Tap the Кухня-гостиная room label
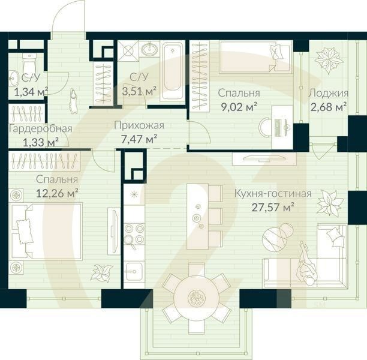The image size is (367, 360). pyautogui.click(x=272, y=193)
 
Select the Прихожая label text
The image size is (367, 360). pyautogui.click(x=139, y=125)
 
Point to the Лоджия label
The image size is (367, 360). pyautogui.click(x=328, y=93)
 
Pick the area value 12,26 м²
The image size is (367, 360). pyautogui.click(x=58, y=193)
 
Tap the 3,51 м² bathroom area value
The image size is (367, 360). pyautogui.click(x=139, y=91)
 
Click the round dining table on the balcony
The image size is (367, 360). pyautogui.click(x=195, y=296)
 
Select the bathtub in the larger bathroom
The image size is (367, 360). pyautogui.click(x=172, y=70)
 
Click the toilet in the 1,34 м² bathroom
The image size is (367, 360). pyautogui.click(x=28, y=62)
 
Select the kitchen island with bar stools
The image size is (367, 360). pyautogui.click(x=195, y=212)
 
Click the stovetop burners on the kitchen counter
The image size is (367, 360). pyautogui.click(x=133, y=234)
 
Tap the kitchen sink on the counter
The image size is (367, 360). pyautogui.click(x=134, y=270)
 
